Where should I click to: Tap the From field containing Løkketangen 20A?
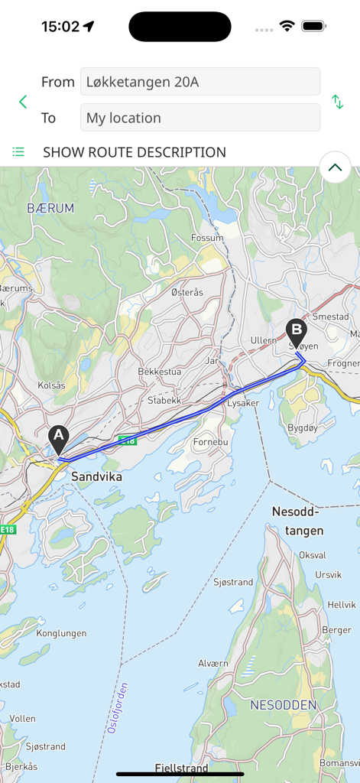(199, 82)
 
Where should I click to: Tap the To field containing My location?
(199, 118)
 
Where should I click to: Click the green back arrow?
(23, 102)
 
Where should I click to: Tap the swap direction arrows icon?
(337, 102)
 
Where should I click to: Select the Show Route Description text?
(135, 152)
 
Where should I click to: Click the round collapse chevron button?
(335, 167)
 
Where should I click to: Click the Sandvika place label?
(96, 476)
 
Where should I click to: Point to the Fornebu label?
(210, 420)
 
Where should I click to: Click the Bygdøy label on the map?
(302, 428)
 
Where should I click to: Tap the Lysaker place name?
(244, 402)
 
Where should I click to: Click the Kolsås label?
(51, 385)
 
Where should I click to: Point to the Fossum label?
(207, 238)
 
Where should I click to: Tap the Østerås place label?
(187, 292)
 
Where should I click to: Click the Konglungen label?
(61, 633)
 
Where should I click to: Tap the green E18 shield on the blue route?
(127, 440)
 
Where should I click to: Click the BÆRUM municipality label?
(50, 208)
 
